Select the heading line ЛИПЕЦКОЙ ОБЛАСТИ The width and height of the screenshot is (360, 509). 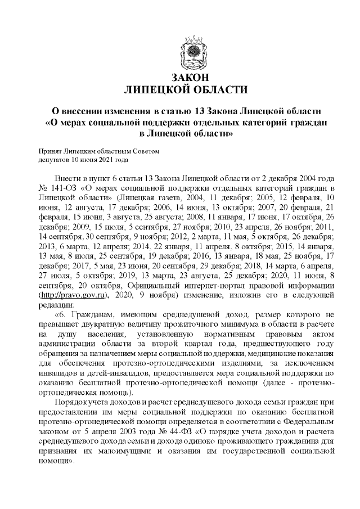(x=185, y=89)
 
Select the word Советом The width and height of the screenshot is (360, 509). (x=147, y=151)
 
